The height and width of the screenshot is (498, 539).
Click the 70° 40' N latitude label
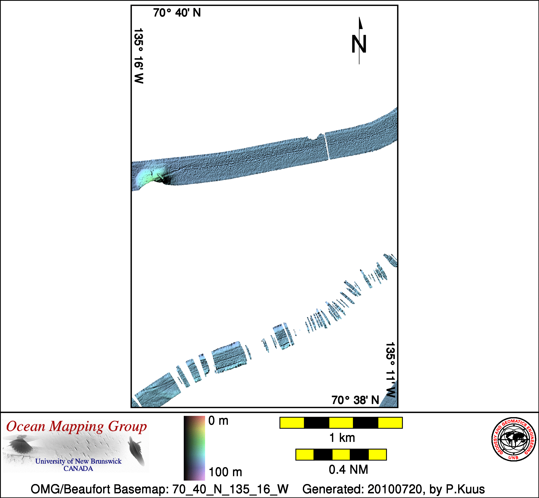(x=177, y=13)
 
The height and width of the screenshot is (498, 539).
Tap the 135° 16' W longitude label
(x=138, y=56)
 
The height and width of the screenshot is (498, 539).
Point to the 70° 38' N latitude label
(x=355, y=400)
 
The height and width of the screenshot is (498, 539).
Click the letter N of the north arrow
(x=359, y=44)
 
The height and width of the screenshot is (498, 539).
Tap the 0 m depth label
(x=218, y=421)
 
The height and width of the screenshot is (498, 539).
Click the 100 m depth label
(x=225, y=472)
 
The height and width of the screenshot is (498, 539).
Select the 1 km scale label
(x=342, y=438)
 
